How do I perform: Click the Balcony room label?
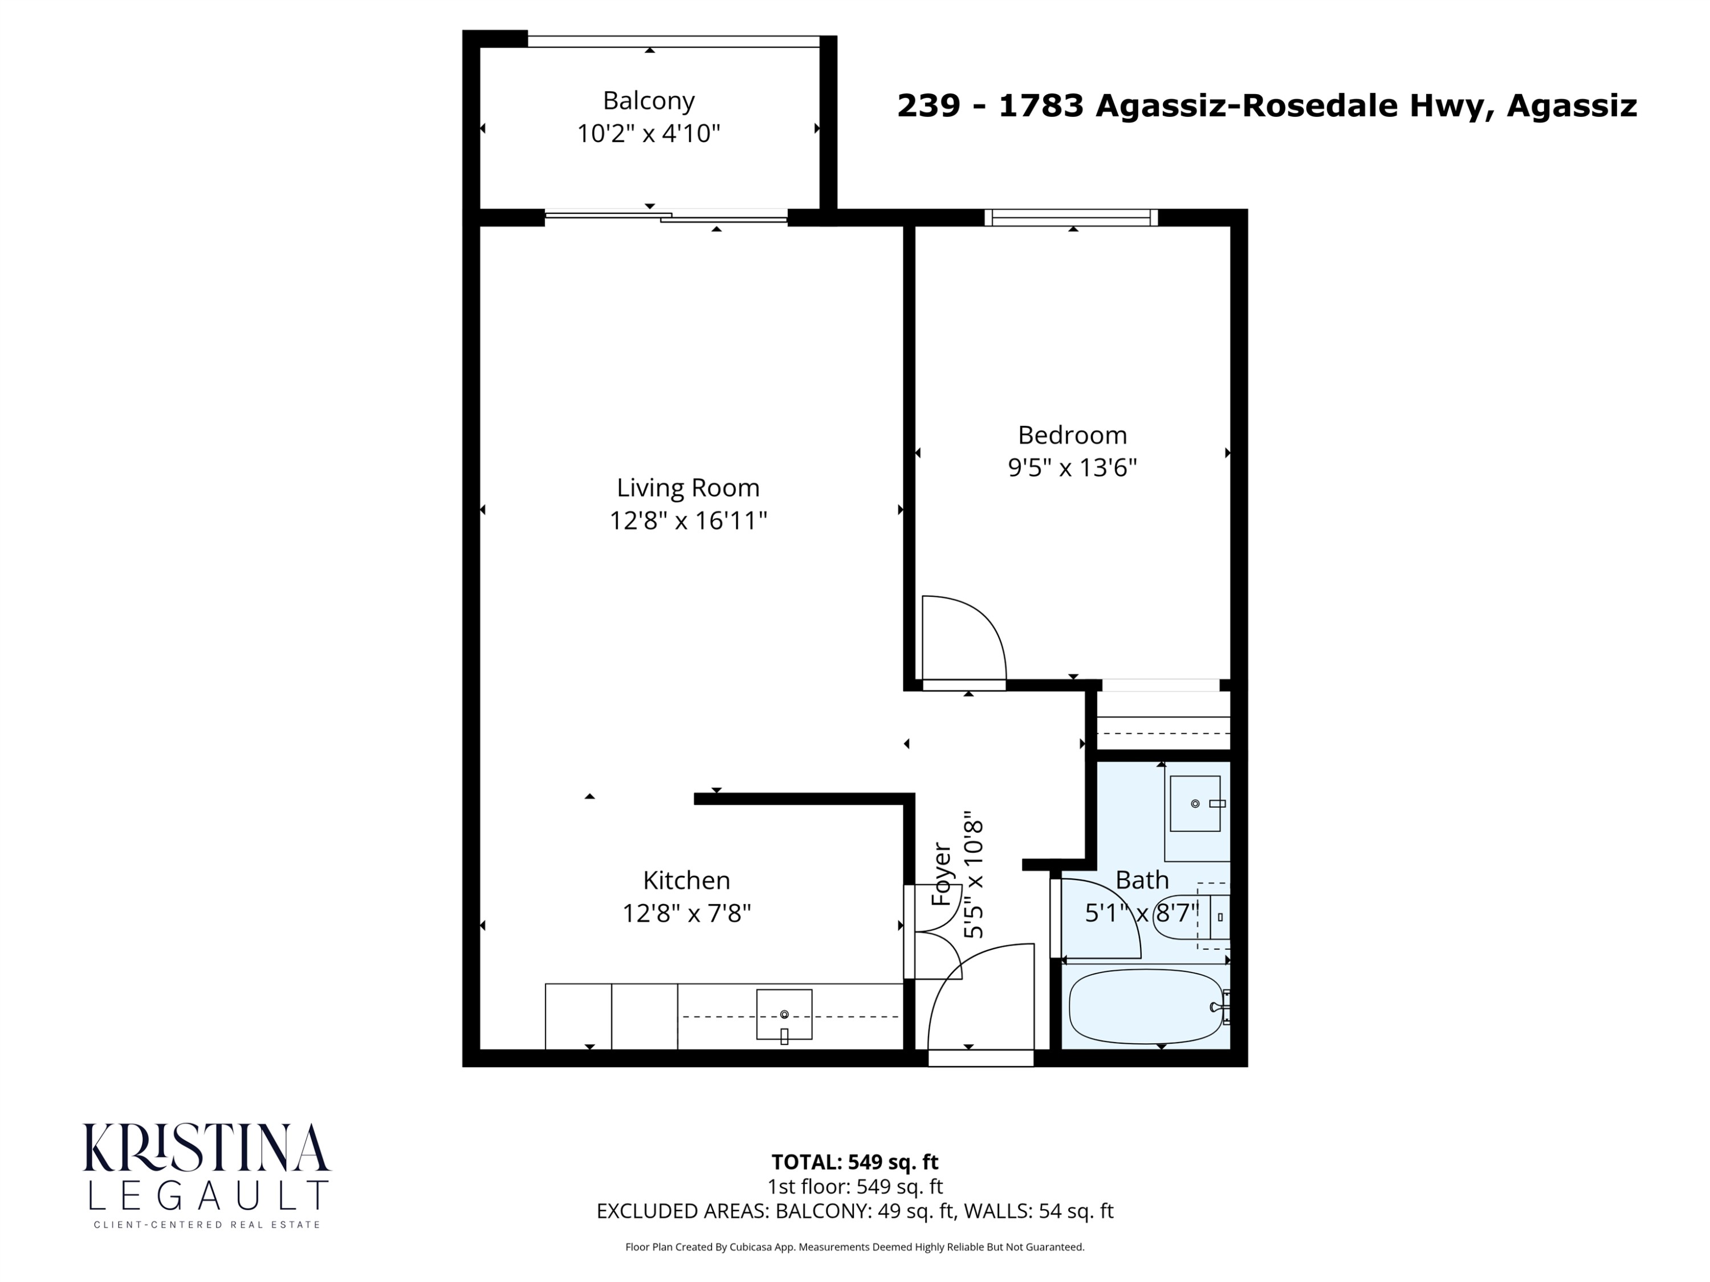(x=648, y=100)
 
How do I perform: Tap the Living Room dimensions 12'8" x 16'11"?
(x=687, y=520)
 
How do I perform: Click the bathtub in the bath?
(x=1144, y=1006)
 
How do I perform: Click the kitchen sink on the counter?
(x=784, y=1014)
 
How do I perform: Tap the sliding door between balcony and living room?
(x=666, y=217)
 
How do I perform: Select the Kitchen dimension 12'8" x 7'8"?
(x=686, y=913)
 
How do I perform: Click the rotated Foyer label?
(x=941, y=874)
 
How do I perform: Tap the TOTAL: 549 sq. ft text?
(x=854, y=1161)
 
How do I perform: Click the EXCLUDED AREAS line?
(x=854, y=1211)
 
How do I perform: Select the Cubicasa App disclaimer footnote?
(x=854, y=1247)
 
